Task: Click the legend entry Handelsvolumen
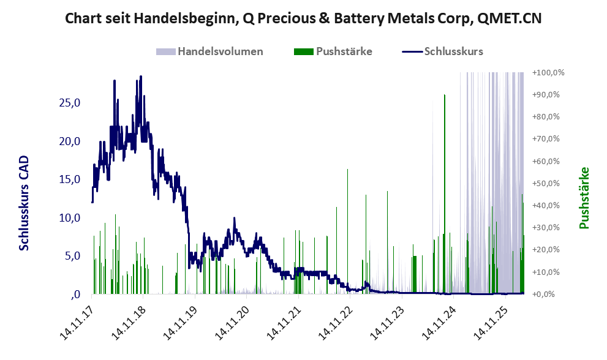pos(220,51)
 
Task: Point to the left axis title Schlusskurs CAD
pos(24,203)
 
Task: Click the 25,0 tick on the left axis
pos(69,103)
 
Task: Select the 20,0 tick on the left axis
pos(69,141)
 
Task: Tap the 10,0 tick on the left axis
pos(69,218)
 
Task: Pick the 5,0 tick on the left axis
pos(72,256)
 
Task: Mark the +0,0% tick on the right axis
pos(550,294)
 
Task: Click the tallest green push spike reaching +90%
pos(445,98)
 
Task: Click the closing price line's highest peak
pos(141,77)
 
